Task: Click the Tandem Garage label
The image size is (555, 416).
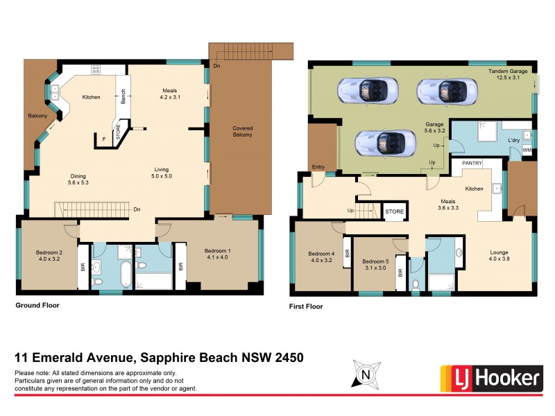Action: point(509,74)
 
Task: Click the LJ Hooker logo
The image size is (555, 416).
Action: point(491,378)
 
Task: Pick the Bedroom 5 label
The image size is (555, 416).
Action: point(375,265)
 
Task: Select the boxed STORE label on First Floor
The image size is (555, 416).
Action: point(394,211)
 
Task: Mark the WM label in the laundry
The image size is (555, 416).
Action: point(527,150)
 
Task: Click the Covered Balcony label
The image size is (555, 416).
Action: point(242,131)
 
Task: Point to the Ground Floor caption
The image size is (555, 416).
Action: point(37,305)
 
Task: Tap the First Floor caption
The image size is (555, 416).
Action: point(306,306)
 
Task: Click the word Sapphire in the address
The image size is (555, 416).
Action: point(167,358)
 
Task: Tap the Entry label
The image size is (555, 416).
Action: point(318,167)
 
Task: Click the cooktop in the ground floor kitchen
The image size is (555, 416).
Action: point(95,69)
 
